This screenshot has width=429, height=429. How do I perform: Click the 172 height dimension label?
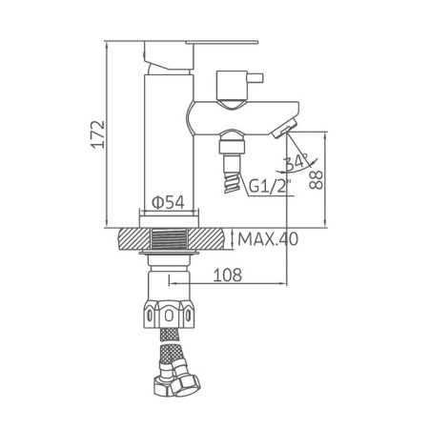(98, 133)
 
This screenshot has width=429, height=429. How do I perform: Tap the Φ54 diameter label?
(168, 202)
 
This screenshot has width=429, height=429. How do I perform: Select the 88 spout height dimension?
(316, 180)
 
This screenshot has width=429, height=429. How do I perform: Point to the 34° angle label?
(296, 162)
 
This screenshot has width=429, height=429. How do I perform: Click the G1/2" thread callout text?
(270, 186)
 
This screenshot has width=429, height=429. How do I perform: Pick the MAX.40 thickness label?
(268, 239)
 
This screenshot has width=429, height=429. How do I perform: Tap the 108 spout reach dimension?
(227, 275)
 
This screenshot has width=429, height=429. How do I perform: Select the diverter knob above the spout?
(232, 85)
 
